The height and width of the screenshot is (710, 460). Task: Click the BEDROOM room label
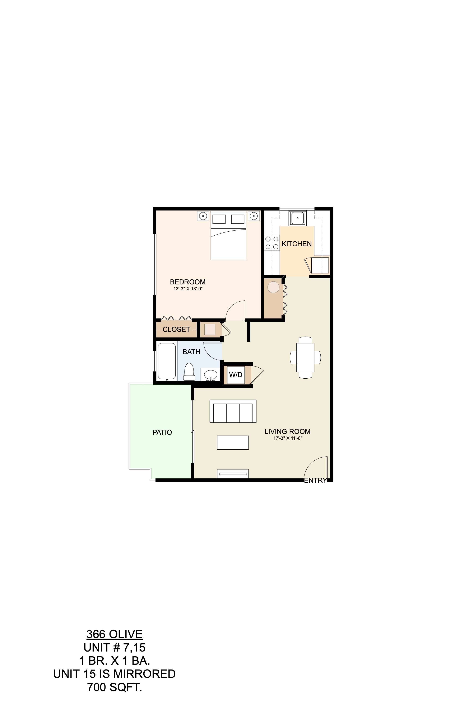[187, 282]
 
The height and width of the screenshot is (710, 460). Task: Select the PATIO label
[162, 432]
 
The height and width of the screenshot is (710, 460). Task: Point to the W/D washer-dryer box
[236, 375]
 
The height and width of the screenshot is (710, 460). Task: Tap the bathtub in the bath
[166, 361]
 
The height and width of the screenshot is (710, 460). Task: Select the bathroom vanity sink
[210, 374]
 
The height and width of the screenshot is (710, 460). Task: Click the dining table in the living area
[305, 357]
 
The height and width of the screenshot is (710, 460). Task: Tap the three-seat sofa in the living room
[233, 411]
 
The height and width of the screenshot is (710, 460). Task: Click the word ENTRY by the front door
[315, 480]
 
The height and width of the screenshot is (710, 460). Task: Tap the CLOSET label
[176, 329]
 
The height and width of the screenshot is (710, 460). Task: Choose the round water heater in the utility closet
[273, 287]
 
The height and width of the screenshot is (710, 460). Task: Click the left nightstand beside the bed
[203, 215]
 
